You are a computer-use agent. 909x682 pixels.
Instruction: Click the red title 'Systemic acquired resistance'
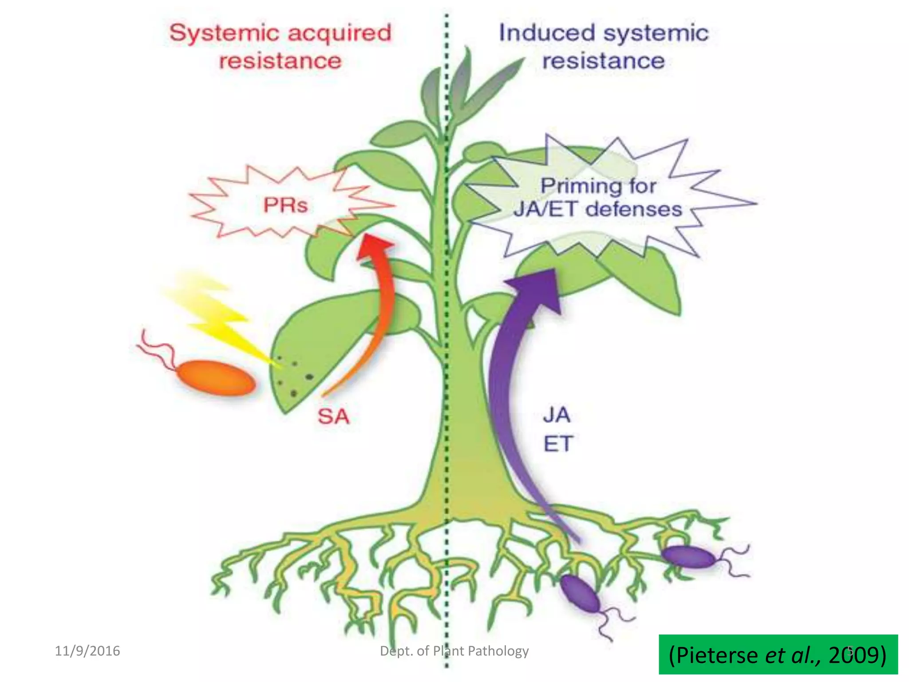[x=281, y=47]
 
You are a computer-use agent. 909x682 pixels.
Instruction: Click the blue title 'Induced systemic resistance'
[x=604, y=47]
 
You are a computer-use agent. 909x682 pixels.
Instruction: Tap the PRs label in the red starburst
[x=285, y=205]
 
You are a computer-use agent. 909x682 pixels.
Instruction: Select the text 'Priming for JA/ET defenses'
[x=598, y=198]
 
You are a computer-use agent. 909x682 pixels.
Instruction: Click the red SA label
[x=333, y=416]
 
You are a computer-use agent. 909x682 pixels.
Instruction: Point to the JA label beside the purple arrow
[x=557, y=415]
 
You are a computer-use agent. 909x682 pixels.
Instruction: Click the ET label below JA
[x=558, y=444]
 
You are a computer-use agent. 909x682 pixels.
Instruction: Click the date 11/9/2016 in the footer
[x=87, y=651]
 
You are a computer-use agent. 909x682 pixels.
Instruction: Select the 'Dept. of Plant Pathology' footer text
[x=454, y=651]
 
